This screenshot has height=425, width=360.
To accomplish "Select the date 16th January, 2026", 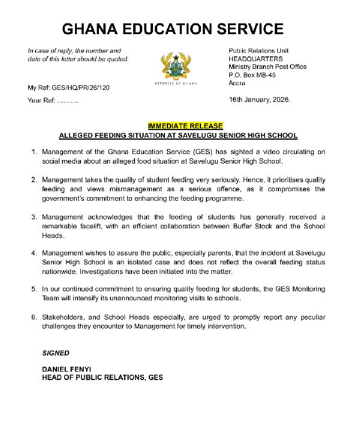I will pyautogui.click(x=259, y=100).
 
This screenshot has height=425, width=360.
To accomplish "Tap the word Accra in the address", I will pyautogui.click(x=238, y=83).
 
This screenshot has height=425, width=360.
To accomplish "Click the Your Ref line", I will pyautogui.click(x=53, y=100).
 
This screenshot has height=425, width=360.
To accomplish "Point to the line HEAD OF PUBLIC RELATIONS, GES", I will pyautogui.click(x=101, y=378).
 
